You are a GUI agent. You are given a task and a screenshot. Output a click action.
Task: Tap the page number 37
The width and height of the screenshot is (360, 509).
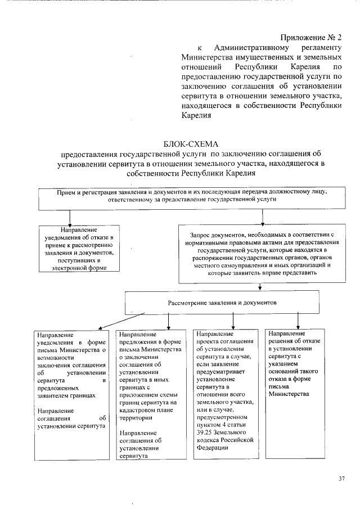pyautogui.click(x=341, y=479)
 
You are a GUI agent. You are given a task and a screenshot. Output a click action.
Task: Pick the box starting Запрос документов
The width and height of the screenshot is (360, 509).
pyautogui.click(x=262, y=253)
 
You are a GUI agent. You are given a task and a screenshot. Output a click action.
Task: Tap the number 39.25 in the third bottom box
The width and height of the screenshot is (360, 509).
pyautogui.click(x=206, y=432)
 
